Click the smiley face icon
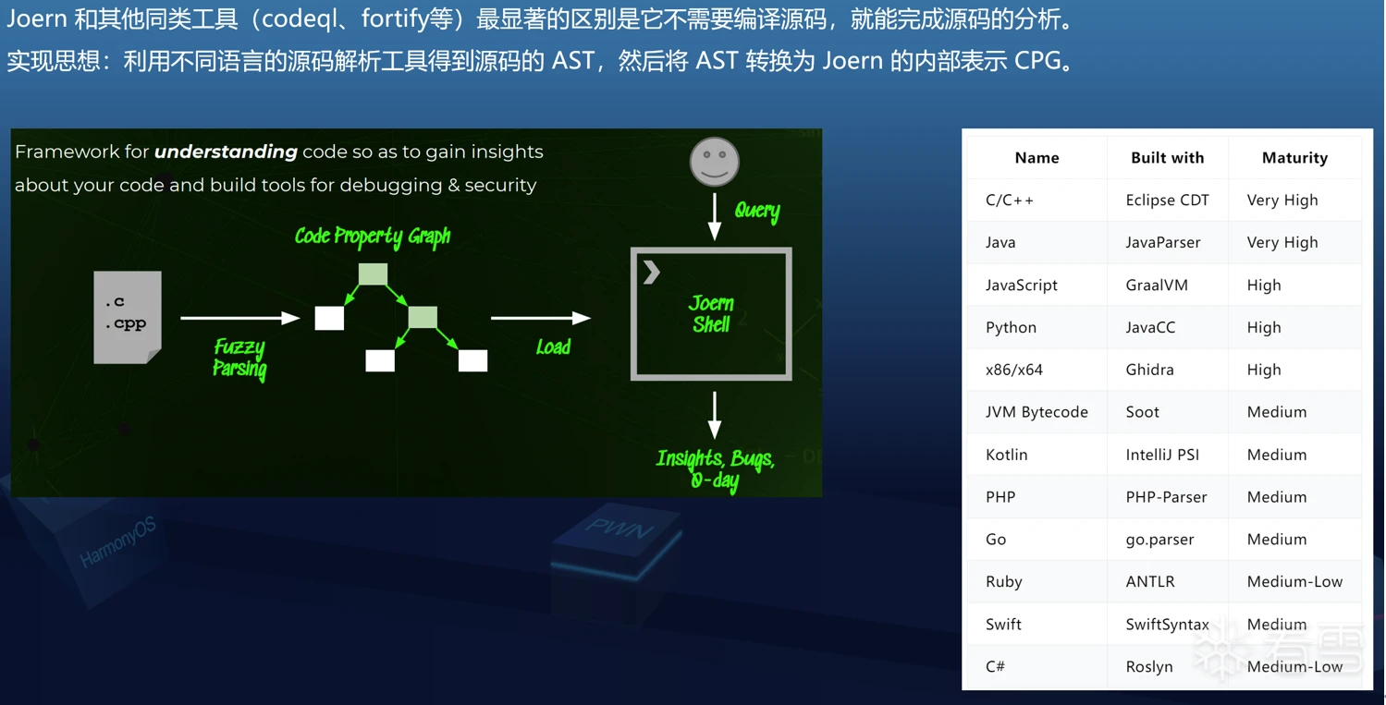tap(715, 162)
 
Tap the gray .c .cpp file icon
tap(128, 317)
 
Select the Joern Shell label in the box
tap(712, 313)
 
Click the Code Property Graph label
tap(373, 237)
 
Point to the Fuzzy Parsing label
tap(239, 359)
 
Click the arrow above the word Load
tap(541, 318)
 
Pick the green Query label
tap(757, 212)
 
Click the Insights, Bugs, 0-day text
tap(716, 468)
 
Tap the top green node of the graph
tap(374, 273)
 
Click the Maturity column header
tap(1295, 158)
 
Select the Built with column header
tap(1168, 158)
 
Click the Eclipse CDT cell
tap(1167, 201)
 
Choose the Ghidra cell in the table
tap(1149, 370)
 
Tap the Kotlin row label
tap(1007, 455)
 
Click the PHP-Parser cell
tap(1166, 497)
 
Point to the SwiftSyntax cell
tap(1168, 625)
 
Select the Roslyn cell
tap(1149, 667)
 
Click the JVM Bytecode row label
tap(1036, 412)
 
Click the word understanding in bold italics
tap(226, 152)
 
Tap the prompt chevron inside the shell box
tap(651, 272)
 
